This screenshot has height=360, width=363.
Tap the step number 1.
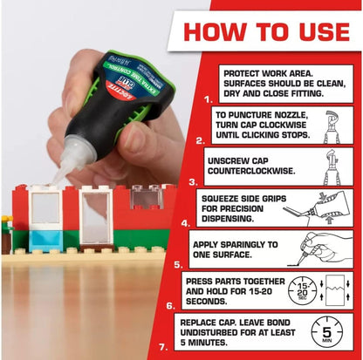[207, 100]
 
